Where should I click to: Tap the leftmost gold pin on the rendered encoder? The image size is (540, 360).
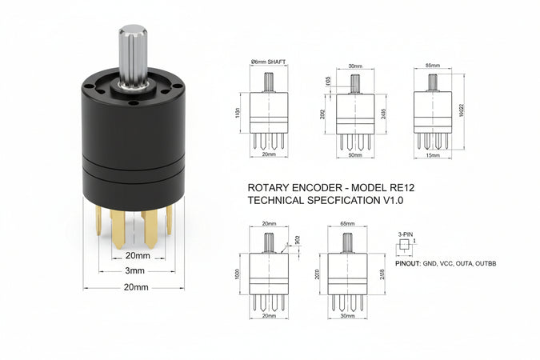[98, 221]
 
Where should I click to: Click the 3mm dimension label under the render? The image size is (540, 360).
[134, 271]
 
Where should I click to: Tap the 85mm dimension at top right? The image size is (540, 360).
[433, 65]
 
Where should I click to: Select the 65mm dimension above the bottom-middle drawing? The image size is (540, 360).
[348, 225]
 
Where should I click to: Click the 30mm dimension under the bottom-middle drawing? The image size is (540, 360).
[348, 316]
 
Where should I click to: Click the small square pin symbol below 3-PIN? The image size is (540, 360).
[405, 243]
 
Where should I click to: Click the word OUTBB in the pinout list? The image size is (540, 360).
[485, 262]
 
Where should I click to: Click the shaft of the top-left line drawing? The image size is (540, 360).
[268, 82]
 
